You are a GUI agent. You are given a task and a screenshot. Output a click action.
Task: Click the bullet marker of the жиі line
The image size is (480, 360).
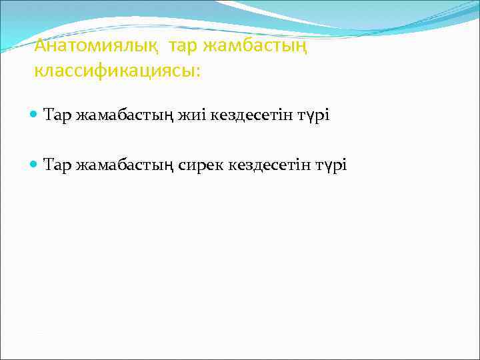point(35,115)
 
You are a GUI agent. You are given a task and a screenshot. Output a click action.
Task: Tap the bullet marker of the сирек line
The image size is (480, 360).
point(35,164)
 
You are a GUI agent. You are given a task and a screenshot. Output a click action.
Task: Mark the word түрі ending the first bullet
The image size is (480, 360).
point(315,116)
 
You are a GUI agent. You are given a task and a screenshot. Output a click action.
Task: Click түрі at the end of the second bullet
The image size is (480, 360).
point(332,165)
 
